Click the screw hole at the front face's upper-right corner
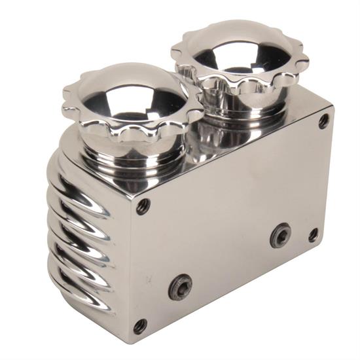point(324,120)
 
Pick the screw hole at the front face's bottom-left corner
point(139,325)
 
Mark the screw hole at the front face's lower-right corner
point(314,234)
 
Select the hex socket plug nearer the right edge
point(281,234)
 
